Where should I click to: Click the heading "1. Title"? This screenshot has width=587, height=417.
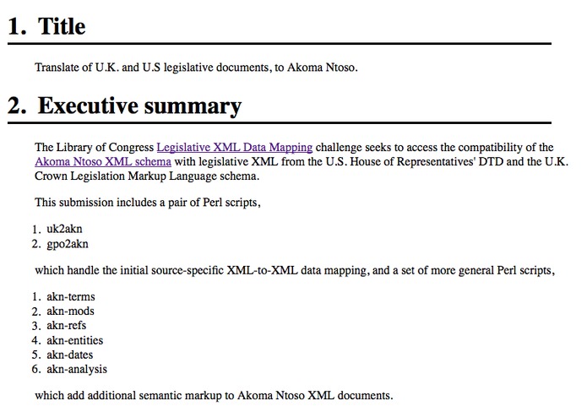tap(47, 26)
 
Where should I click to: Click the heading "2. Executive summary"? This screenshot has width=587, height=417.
tap(125, 106)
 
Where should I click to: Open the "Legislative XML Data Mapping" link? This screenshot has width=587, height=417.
tap(234, 147)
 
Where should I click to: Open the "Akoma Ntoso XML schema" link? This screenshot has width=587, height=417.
tap(103, 162)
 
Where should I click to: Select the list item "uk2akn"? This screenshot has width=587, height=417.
tap(64, 229)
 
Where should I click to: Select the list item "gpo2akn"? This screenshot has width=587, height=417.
tap(68, 244)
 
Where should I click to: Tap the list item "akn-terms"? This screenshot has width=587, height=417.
tap(71, 296)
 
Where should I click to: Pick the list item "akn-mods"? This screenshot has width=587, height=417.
tap(70, 311)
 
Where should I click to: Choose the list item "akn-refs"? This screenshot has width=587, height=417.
tap(67, 325)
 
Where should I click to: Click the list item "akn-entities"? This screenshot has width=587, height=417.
tap(75, 340)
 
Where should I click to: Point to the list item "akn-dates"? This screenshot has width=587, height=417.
tap(71, 355)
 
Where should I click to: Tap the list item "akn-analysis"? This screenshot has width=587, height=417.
tap(77, 369)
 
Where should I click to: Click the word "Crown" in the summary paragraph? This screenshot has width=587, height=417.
tap(51, 176)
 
